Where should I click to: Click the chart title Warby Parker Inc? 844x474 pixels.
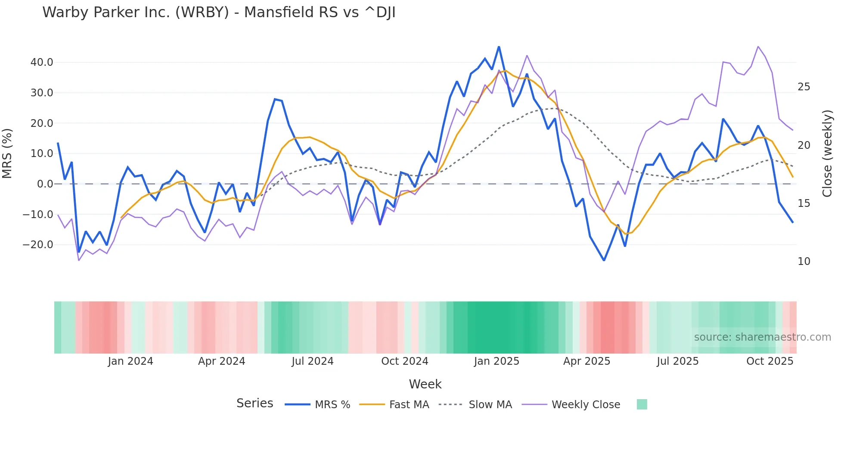click(x=218, y=12)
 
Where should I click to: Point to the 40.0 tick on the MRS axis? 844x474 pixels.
click(x=42, y=62)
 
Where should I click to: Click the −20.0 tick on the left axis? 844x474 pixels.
click(x=38, y=245)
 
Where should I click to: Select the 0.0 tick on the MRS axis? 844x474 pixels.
click(x=45, y=184)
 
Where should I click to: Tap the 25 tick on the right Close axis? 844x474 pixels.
click(x=804, y=87)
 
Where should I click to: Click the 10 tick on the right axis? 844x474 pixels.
click(x=804, y=262)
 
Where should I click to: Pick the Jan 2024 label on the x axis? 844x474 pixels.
click(x=130, y=361)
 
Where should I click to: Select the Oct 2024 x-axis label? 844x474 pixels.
click(x=405, y=361)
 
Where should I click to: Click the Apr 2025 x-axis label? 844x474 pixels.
click(x=586, y=361)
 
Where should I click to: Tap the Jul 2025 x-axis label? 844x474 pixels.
click(x=677, y=361)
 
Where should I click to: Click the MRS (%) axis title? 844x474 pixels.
click(x=7, y=153)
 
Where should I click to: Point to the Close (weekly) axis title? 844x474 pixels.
click(x=827, y=154)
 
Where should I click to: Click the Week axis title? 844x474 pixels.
click(x=425, y=384)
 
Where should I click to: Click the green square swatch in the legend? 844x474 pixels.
click(x=642, y=404)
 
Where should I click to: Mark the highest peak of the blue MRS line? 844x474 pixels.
click(x=499, y=47)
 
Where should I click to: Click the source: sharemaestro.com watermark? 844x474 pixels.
click(x=762, y=337)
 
